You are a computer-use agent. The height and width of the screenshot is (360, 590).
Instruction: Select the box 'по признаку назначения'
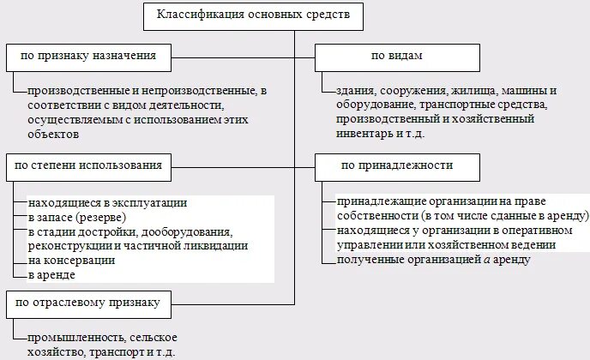click(x=87, y=57)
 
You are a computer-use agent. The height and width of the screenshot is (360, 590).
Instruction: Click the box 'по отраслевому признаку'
click(x=87, y=302)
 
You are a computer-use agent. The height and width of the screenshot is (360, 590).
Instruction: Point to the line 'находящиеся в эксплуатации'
click(x=107, y=204)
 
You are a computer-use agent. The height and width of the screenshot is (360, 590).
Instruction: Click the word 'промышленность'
click(x=74, y=337)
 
